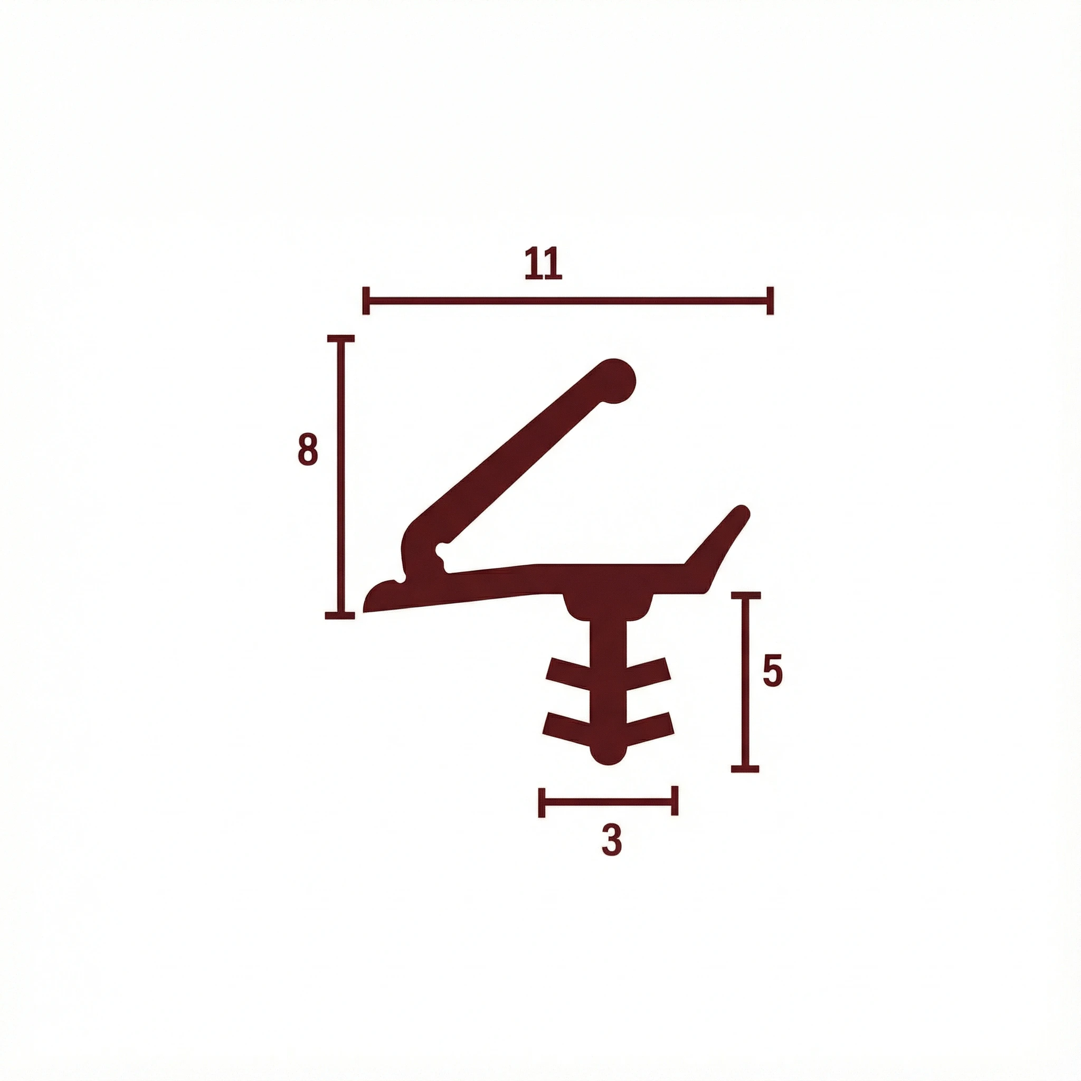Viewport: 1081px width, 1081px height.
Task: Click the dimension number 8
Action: tap(308, 449)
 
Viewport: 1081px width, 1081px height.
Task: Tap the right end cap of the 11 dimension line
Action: tap(771, 301)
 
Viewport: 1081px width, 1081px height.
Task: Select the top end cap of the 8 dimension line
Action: tap(339, 338)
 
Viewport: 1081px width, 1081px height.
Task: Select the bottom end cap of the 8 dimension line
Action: tap(339, 615)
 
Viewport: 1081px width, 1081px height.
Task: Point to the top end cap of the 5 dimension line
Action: tap(745, 595)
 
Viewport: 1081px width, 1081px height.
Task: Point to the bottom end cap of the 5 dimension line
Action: tap(745, 769)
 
